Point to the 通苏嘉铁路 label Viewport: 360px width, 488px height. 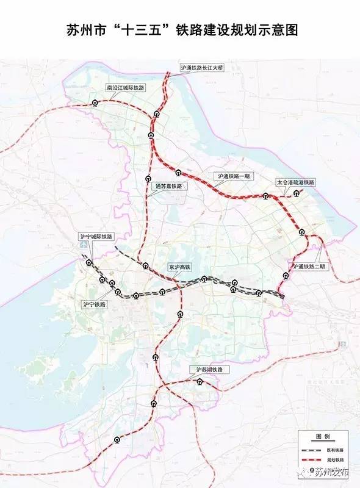pyautogui.click(x=170, y=186)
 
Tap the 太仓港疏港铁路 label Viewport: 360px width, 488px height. pyautogui.click(x=295, y=182)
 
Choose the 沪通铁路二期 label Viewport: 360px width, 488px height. pyautogui.click(x=311, y=267)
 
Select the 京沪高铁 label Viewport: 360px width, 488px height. pyautogui.click(x=180, y=267)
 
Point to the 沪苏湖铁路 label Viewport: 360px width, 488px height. pyautogui.click(x=209, y=370)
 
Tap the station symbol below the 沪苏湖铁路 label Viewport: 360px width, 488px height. pyautogui.click(x=200, y=382)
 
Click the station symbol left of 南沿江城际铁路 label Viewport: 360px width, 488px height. pyautogui.click(x=94, y=102)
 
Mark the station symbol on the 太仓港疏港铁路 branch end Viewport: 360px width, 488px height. pyautogui.click(x=297, y=193)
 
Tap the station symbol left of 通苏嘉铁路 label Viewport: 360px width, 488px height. pyautogui.click(x=148, y=179)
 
